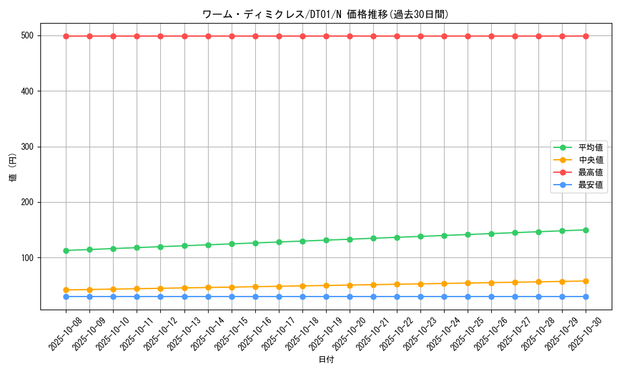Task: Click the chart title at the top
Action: [325, 14]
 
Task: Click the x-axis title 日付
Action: [325, 360]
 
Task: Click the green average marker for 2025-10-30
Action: [586, 230]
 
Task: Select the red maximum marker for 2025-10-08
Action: [66, 36]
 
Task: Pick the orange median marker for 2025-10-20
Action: [350, 285]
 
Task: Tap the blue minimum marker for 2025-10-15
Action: [232, 297]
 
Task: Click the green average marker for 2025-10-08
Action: [66, 251]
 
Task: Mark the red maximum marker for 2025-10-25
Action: [468, 36]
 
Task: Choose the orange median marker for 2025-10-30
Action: [586, 281]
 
